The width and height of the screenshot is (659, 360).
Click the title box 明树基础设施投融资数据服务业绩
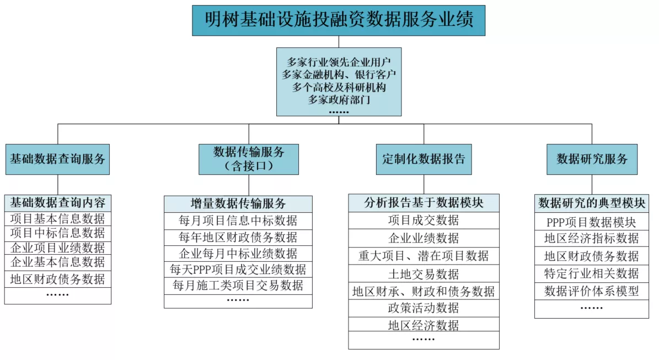point(339,20)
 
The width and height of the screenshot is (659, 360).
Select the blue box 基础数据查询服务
point(57,159)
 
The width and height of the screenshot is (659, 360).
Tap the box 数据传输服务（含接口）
point(249,159)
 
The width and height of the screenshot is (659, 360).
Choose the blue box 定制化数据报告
point(424,159)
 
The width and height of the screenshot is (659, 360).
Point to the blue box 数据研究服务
point(592,159)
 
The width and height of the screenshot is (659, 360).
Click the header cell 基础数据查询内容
point(58,203)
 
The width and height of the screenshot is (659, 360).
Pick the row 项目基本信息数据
point(58,219)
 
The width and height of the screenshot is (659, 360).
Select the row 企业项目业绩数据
point(58,248)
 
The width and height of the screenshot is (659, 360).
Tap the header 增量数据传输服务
point(238,204)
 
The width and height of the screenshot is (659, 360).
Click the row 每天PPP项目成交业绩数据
point(238,269)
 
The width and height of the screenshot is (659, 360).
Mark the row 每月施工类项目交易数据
point(238,286)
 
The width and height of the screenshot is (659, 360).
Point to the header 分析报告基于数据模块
point(424,203)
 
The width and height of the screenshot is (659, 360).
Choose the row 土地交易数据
point(424,274)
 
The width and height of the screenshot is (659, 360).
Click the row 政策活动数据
point(424,308)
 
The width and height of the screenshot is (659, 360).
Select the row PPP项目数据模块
point(592,222)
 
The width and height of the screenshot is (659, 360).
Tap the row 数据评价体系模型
point(592,291)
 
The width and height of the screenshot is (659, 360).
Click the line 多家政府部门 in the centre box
point(339,100)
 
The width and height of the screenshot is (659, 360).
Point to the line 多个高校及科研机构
point(339,87)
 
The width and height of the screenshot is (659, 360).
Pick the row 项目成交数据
point(424,220)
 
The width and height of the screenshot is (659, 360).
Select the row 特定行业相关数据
point(592,273)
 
